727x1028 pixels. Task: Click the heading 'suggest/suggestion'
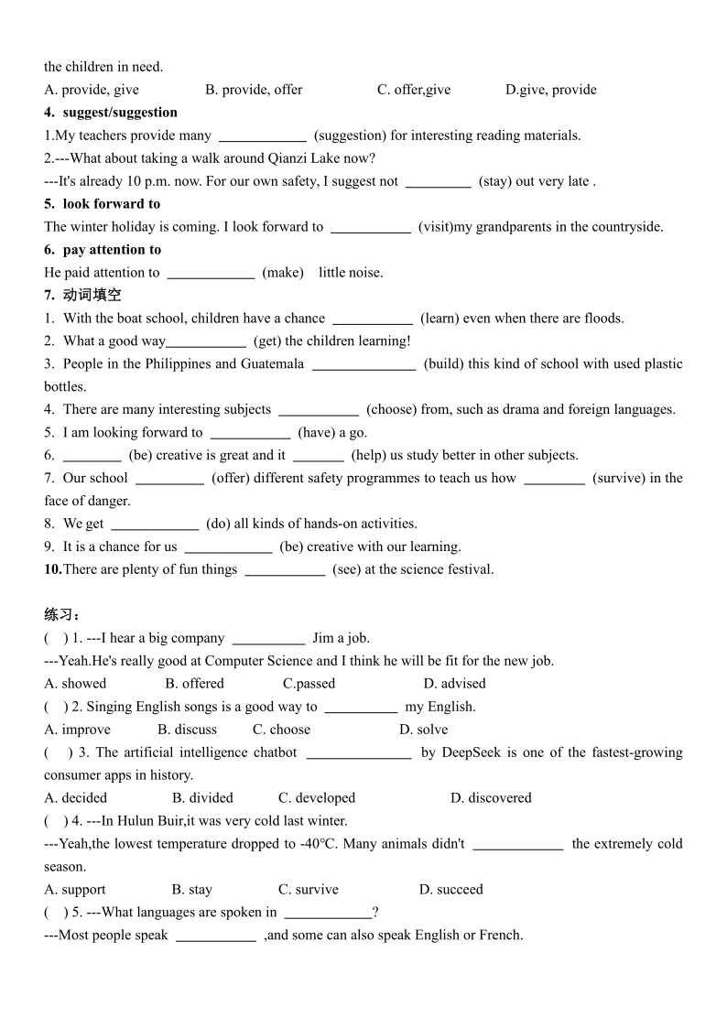(x=120, y=113)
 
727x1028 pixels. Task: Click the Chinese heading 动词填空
(x=92, y=295)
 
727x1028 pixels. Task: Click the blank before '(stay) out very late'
(x=438, y=181)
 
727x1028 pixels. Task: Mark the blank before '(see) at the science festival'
(x=285, y=569)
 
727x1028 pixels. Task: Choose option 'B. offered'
(x=194, y=684)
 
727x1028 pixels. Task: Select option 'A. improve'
(x=77, y=730)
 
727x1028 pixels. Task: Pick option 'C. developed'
(x=317, y=798)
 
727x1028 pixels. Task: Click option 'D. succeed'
(x=450, y=890)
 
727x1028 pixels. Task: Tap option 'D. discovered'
(x=491, y=798)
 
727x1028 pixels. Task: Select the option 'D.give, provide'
(x=550, y=90)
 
